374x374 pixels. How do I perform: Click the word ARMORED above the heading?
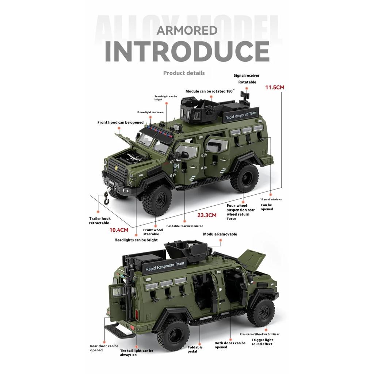(x=187, y=30)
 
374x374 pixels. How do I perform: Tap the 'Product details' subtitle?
(x=184, y=73)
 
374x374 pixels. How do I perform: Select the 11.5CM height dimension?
(x=275, y=88)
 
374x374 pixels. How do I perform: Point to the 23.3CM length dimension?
(x=207, y=215)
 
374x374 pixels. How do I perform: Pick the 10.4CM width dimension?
(x=119, y=230)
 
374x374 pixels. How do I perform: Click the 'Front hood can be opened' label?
(x=120, y=122)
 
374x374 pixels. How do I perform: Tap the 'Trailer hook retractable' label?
(x=100, y=221)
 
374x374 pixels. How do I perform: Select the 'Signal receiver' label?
(x=247, y=76)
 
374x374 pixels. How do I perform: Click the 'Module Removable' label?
(x=220, y=234)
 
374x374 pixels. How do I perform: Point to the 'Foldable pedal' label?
(x=195, y=350)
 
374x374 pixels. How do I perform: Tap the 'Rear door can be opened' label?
(x=104, y=348)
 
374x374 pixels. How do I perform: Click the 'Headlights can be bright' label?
(x=136, y=240)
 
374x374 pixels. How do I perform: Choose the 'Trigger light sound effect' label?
(x=262, y=342)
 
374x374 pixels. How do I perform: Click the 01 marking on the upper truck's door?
(x=176, y=166)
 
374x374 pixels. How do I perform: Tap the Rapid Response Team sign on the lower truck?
(x=165, y=266)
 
